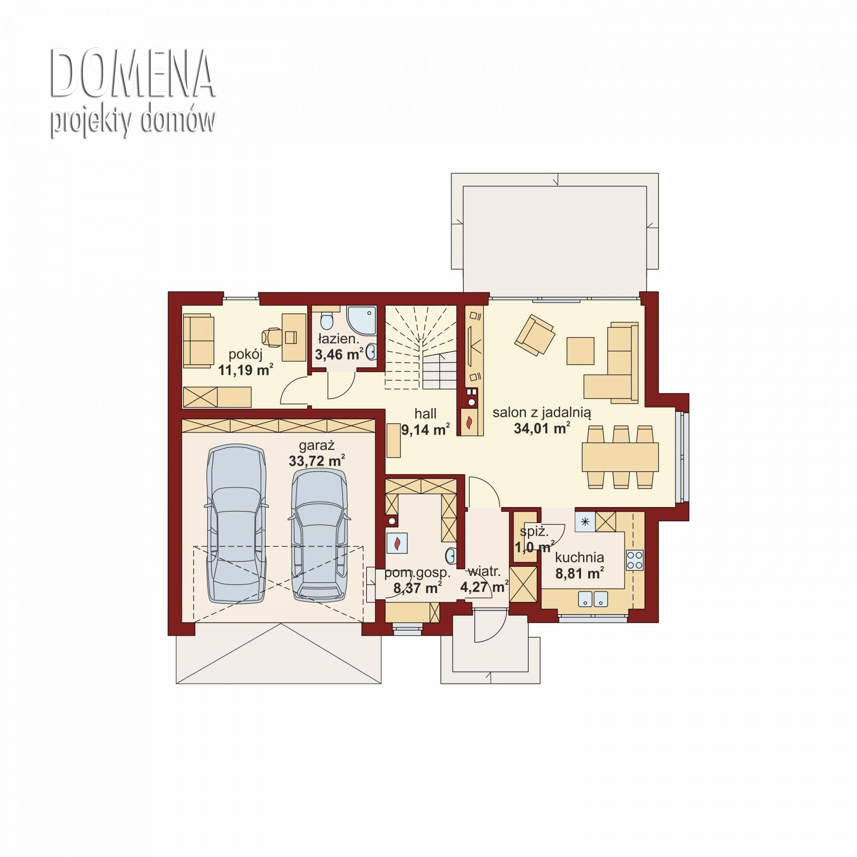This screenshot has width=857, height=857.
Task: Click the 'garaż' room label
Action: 316,446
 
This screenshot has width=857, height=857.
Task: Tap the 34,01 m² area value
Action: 541,428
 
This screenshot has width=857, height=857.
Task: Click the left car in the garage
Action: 236,524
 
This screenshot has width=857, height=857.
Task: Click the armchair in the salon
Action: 535,335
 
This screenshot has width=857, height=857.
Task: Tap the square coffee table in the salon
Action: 580,351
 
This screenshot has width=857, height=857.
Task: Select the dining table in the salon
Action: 620,457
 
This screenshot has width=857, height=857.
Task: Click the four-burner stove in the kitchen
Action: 635,560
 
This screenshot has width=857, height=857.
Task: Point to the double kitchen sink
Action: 593,599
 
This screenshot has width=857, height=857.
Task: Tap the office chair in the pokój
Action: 271,337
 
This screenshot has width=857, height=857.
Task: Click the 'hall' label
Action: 425,414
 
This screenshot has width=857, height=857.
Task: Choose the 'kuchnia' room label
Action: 579,558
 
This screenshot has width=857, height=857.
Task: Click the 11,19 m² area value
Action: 245,370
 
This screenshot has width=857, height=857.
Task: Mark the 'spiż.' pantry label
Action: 534,532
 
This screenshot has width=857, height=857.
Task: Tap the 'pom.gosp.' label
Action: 417,572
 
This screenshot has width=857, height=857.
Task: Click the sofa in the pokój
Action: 198,340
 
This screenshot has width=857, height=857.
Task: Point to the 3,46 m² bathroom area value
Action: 339,354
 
